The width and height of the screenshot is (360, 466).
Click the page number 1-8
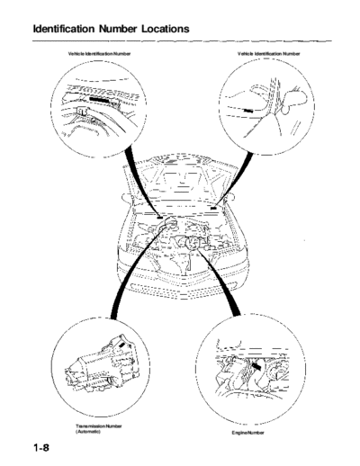click(x=41, y=448)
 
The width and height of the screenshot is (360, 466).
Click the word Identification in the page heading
click(x=64, y=29)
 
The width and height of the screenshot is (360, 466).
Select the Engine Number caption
click(x=247, y=433)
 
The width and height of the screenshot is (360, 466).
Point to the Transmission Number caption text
click(x=99, y=426)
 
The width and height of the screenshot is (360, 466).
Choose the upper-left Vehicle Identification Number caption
click(x=99, y=54)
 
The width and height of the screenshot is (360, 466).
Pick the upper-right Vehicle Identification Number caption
click(x=269, y=54)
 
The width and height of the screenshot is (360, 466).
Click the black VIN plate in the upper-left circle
click(x=99, y=100)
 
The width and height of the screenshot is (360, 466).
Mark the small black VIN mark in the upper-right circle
click(x=248, y=111)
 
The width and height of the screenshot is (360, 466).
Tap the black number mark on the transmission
click(x=121, y=345)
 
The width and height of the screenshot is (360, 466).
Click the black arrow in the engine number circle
click(x=256, y=365)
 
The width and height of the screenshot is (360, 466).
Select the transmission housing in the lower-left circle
click(x=101, y=366)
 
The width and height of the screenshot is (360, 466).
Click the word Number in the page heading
click(x=118, y=29)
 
